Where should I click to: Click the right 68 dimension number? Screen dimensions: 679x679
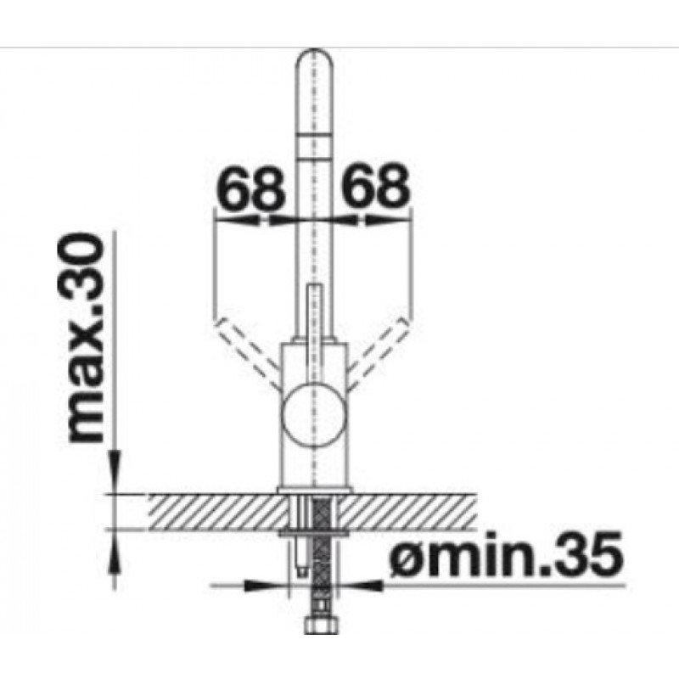[373, 185]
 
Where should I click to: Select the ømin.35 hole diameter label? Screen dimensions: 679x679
[507, 554]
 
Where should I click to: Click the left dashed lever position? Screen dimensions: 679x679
[247, 351]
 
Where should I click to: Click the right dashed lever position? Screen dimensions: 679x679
[378, 351]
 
